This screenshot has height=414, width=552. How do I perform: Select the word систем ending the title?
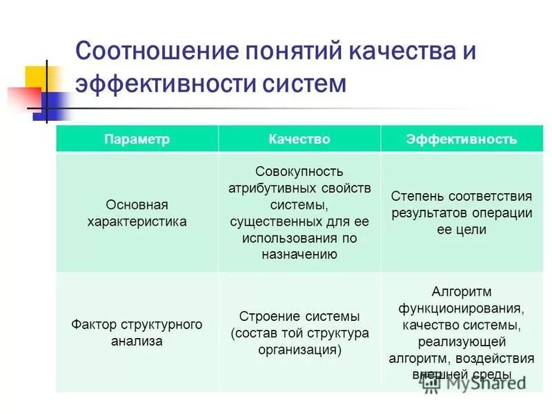[x=304, y=83]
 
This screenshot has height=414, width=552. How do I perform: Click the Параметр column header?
[x=137, y=139]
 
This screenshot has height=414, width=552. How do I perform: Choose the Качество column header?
[x=299, y=139]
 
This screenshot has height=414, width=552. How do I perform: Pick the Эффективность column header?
[x=461, y=139]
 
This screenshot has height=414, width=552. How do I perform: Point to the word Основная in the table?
[x=137, y=205]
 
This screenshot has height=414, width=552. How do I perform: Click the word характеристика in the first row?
[x=137, y=221]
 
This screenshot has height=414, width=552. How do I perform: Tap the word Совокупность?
[x=299, y=171]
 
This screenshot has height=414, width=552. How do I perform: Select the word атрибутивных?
[x=273, y=188]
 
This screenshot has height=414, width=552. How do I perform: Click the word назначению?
[x=299, y=254]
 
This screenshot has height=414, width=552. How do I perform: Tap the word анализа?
[x=137, y=341]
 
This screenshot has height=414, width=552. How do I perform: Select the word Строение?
[x=266, y=317]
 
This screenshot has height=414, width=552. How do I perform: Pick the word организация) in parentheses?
[x=299, y=349]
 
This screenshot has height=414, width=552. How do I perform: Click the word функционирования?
[x=461, y=308]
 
